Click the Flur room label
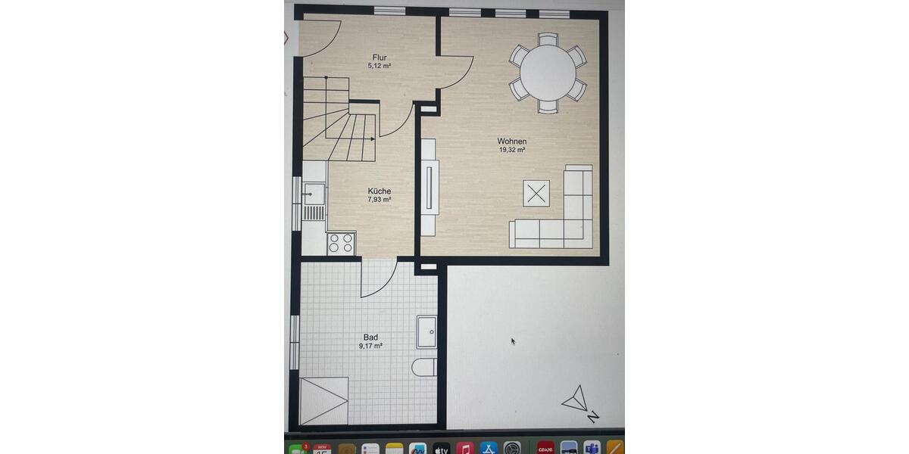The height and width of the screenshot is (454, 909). pos(380,57)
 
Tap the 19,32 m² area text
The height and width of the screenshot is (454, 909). pos(512,151)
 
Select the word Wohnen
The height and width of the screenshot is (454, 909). pos(512,141)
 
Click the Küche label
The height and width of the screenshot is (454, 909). pos(380,191)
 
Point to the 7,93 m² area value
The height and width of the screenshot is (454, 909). pos(380,201)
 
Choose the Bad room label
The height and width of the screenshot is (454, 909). pos(370,337)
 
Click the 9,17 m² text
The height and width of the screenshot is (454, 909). pos(370,347)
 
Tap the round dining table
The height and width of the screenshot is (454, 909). pos(548,73)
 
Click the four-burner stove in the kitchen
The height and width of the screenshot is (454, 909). pos(341,243)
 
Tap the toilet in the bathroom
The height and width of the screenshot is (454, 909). pos(424,368)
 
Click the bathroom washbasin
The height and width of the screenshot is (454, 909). pos(426,331)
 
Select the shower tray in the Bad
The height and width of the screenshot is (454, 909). pos(324,401)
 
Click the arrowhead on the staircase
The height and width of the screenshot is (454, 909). pos(372,139)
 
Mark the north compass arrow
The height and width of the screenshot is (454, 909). pos(576,399)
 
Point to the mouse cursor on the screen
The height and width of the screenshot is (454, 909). pos(513,341)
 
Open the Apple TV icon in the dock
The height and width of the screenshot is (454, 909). pos(442,449)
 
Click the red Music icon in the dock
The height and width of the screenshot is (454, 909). pos(465,449)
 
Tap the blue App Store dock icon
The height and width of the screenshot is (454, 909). pos(489,449)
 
